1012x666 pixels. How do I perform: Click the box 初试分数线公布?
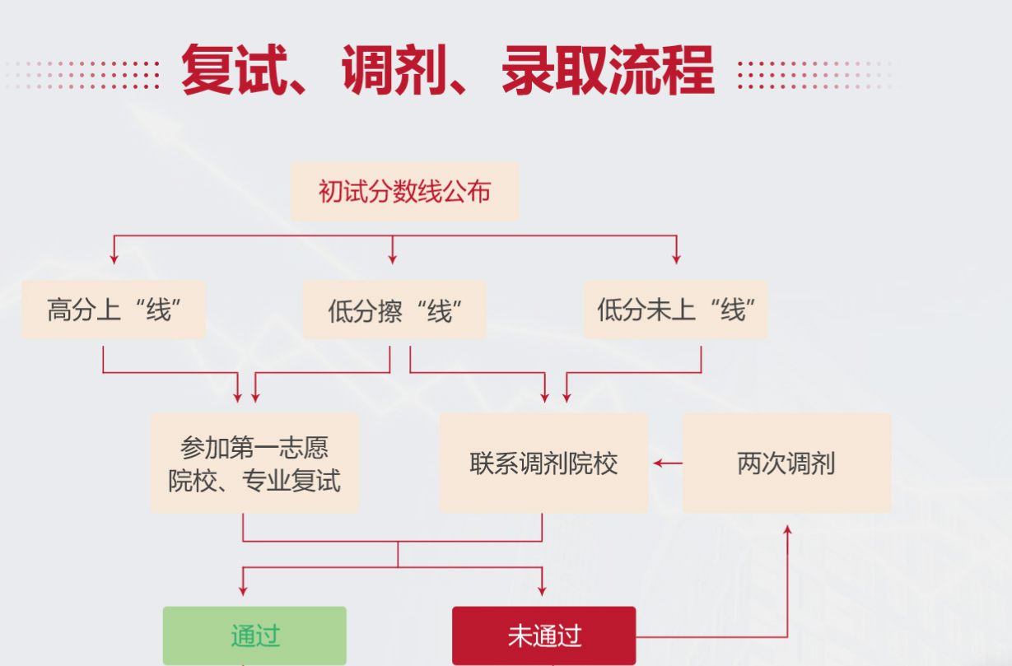405,192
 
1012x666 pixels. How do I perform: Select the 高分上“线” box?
114,310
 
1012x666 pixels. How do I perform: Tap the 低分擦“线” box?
394,310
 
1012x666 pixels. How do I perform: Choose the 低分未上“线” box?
676,310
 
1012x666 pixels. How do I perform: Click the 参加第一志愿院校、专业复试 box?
254,463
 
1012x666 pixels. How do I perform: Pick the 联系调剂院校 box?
544,463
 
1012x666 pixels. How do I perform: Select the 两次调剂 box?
786,463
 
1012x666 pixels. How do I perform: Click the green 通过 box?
254,636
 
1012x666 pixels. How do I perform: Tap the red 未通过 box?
544,636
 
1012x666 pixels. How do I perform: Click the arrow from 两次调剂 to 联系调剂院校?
668,463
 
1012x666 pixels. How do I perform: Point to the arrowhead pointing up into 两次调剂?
787,530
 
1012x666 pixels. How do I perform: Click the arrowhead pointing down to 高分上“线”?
114,258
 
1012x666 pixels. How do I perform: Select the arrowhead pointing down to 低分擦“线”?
393,258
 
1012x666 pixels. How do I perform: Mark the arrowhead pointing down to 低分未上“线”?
676,258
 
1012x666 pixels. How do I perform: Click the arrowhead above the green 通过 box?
243,591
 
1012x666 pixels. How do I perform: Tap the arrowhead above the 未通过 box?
542,591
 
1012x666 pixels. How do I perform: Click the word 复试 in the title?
235,70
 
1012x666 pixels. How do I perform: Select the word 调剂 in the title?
395,70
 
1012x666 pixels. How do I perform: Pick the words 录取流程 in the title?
608,70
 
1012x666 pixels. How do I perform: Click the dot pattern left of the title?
82,75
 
